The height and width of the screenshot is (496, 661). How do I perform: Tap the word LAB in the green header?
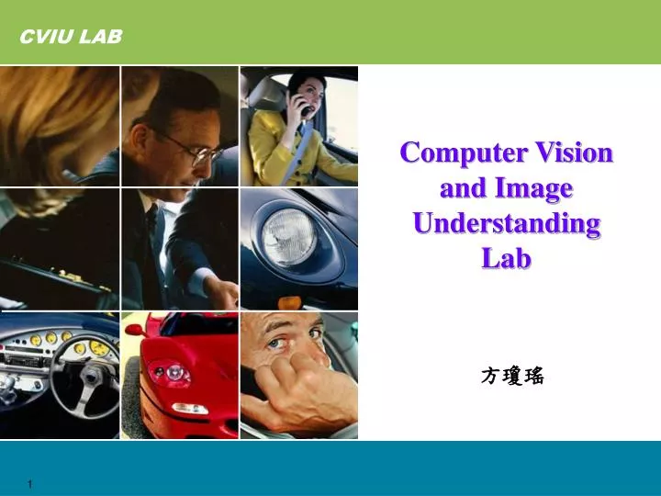[100, 36]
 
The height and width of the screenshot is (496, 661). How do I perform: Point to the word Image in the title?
[533, 188]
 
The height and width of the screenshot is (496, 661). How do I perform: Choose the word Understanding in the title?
[507, 223]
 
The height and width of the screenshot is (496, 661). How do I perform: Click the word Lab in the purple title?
[507, 259]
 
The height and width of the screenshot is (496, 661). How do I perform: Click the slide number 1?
[30, 484]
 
